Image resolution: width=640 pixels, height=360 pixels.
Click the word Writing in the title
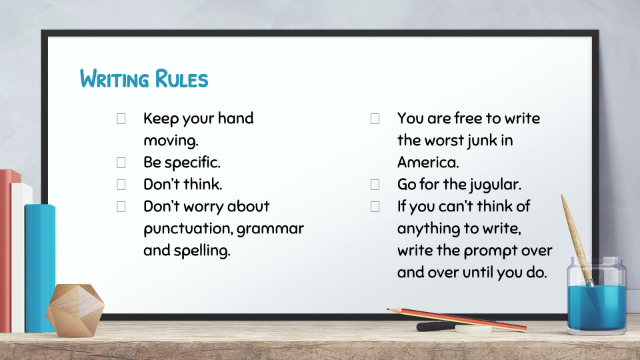[114, 79]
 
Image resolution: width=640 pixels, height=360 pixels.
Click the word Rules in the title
[181, 79]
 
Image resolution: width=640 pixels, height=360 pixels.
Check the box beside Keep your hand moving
[121, 119]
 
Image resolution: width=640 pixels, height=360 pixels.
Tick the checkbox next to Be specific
[121, 163]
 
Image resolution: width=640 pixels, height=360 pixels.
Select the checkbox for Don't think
[121, 185]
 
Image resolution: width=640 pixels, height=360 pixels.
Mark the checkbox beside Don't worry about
[121, 207]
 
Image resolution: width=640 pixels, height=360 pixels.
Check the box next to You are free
[375, 119]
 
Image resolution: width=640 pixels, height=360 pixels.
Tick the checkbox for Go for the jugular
[375, 185]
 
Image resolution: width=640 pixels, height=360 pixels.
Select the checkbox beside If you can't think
[375, 207]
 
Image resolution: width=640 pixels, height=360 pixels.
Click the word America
[428, 163]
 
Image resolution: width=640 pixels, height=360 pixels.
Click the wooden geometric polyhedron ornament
[75, 310]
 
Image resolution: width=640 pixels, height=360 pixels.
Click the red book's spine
[6, 251]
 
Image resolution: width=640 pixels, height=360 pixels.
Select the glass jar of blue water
[596, 295]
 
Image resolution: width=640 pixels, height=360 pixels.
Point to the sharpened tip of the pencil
[389, 310]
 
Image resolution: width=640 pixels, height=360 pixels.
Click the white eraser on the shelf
[473, 329]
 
